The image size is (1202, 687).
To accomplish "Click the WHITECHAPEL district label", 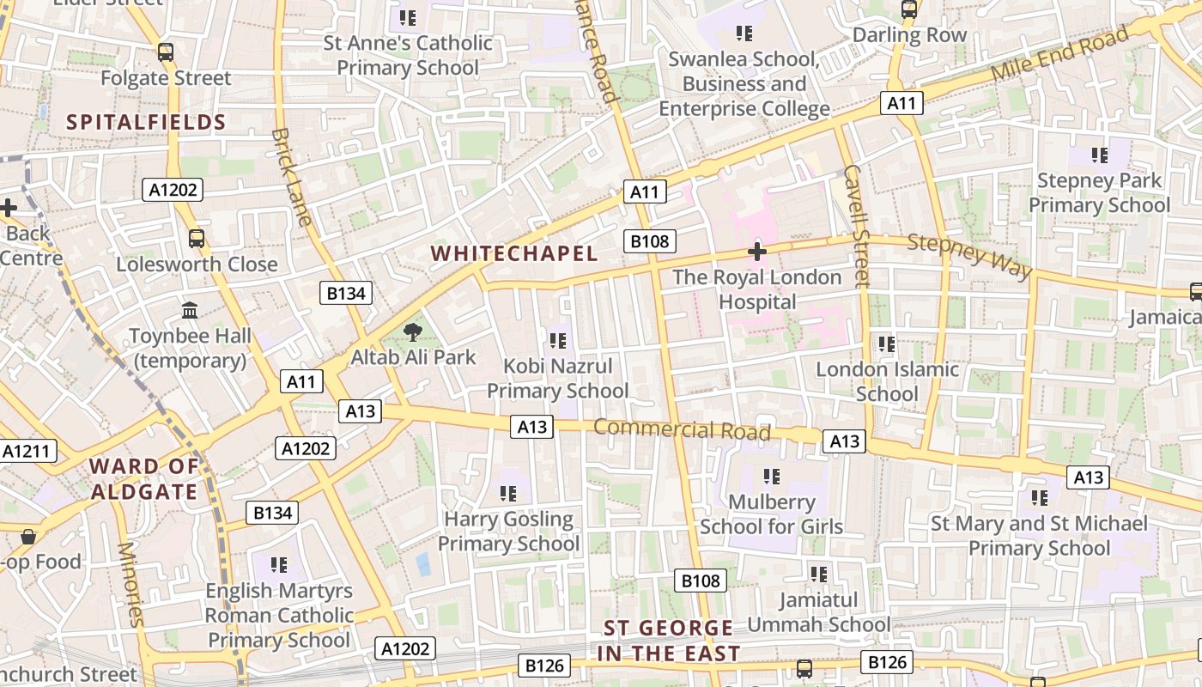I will coord(513,253).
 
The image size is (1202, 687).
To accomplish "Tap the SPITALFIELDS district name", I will coord(146,122).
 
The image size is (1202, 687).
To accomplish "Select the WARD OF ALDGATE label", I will coord(144,479).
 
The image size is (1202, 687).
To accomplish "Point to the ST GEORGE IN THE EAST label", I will coord(669,641).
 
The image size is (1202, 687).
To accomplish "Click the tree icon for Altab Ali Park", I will coord(413,331).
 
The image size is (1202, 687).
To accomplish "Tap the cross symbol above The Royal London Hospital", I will coord(756,252).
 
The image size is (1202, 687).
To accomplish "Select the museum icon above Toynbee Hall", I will coord(190,310).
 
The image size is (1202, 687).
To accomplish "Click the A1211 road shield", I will coord(28,451).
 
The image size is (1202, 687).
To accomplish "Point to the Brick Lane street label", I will coord(291,177).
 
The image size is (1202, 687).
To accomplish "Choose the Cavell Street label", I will coord(857,225).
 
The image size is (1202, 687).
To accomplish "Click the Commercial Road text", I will coord(682,429).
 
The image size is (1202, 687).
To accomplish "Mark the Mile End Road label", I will coord(1059,54).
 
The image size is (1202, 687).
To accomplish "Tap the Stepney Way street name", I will coord(969,256).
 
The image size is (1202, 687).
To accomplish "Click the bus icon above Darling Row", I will coord(908,9).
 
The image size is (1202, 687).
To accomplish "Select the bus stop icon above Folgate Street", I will coord(166,52).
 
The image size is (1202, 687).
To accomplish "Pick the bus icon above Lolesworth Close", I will coord(197,239).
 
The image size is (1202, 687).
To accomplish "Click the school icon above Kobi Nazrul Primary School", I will coord(557,341).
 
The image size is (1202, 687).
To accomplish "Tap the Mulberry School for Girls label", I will coord(771,514).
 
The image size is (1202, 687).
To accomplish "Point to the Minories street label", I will coord(131,584).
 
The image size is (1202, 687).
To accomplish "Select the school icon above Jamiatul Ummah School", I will coord(818,574).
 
